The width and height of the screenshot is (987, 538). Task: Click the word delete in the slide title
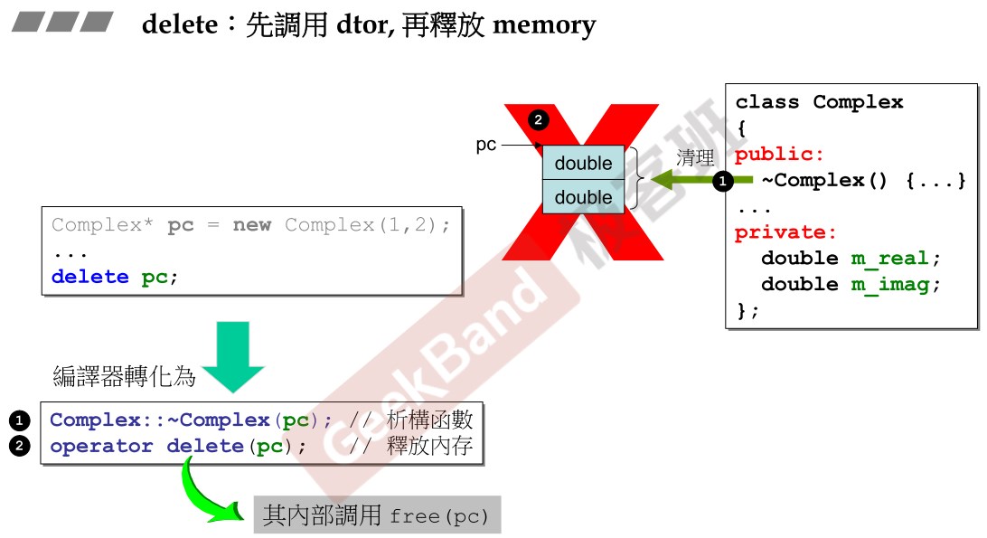(x=179, y=24)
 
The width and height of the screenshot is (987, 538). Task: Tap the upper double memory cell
(x=583, y=163)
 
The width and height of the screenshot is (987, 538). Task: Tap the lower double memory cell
(x=583, y=196)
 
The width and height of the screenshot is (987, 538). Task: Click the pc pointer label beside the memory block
(x=486, y=145)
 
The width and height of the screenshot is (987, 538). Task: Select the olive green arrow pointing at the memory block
(x=682, y=180)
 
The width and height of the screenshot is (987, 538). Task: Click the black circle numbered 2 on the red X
(x=538, y=119)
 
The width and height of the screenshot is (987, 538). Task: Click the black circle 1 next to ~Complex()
(x=722, y=181)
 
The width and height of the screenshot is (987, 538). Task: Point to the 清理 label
(x=695, y=157)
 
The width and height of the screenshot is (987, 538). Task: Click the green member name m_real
(x=889, y=259)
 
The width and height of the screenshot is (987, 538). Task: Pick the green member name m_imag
(x=889, y=284)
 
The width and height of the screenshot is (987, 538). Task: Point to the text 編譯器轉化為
(x=125, y=376)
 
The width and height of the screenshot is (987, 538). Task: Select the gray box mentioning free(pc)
(x=376, y=516)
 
